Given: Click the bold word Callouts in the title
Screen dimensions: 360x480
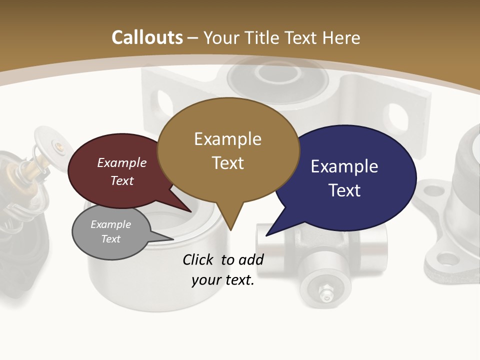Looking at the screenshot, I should (x=147, y=37).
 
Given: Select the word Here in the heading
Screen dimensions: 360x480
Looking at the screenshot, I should (x=341, y=37).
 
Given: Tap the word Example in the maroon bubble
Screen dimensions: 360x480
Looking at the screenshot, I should (x=122, y=162).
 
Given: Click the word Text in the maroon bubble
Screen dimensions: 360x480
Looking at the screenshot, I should (x=122, y=180).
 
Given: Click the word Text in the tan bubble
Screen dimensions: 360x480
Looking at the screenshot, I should (x=227, y=162).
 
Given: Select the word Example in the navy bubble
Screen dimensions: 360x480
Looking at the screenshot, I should (x=344, y=166).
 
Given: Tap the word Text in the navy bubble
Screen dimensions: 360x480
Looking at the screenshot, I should (x=344, y=190).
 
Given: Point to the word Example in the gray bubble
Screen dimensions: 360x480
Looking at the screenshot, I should (x=110, y=224).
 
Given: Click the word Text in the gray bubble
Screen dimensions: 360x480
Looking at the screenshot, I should (x=110, y=239).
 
